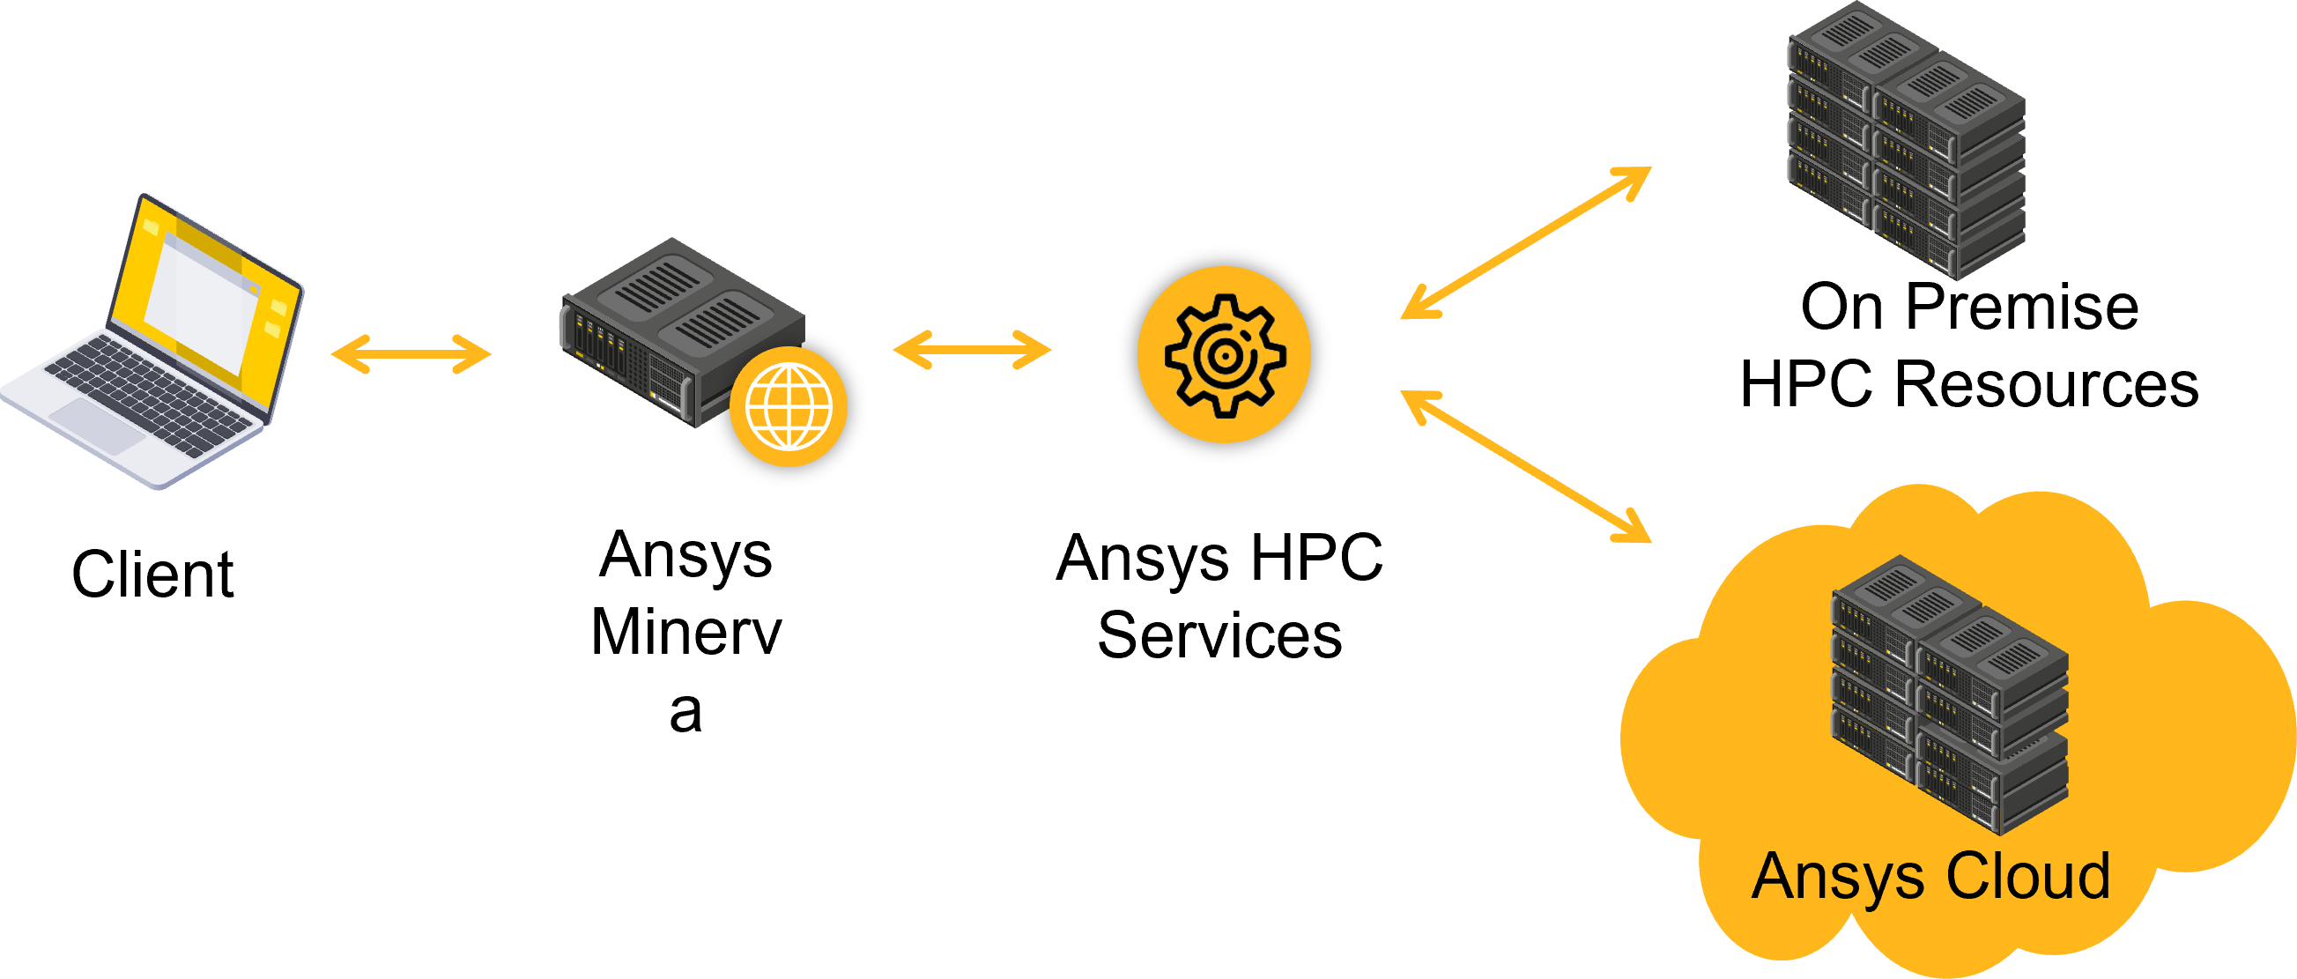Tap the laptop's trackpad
pos(98,426)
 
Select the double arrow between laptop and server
pos(411,354)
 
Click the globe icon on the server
pos(789,406)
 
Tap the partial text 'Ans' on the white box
pos(647,547)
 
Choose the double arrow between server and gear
pos(972,350)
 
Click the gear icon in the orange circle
pos(1225,355)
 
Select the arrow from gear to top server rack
pos(1525,242)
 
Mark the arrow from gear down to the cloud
pos(1525,465)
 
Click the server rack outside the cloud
pos(1906,143)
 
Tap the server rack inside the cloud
pos(1949,695)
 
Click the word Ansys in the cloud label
pos(1838,879)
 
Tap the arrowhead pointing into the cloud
pos(1636,530)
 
